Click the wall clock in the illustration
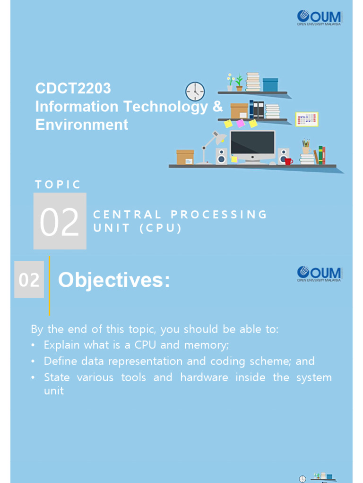coord(195,92)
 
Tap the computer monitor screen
coord(252,143)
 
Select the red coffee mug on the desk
coord(288,161)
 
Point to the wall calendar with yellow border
coord(307,119)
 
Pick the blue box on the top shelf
coord(270,85)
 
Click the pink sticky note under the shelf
coord(241,123)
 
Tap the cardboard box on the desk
coord(185,157)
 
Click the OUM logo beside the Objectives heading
coord(319,274)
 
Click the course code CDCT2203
coord(73,88)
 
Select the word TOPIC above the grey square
coord(58,184)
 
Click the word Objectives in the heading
coord(113,281)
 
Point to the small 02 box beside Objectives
coord(29,280)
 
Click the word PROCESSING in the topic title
coord(219,215)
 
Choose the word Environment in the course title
coord(82,125)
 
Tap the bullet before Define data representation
coord(33,361)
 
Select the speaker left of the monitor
coord(221,156)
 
